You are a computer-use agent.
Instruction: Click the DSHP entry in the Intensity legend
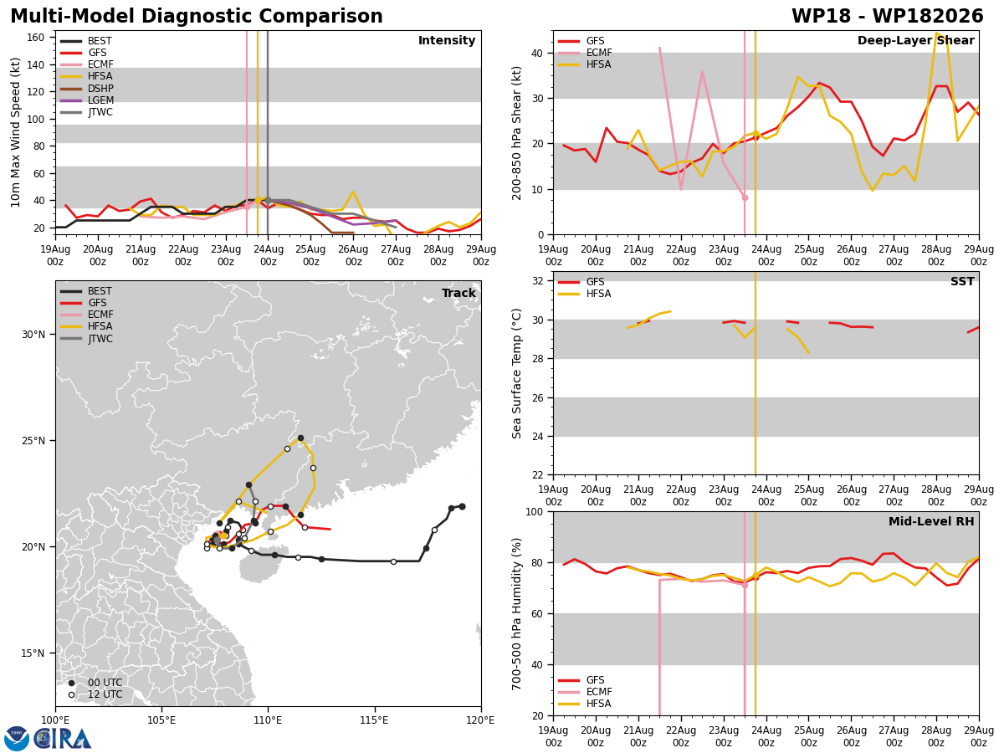point(86,88)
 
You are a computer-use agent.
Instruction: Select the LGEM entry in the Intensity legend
point(86,100)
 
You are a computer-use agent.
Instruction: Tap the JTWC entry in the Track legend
point(86,339)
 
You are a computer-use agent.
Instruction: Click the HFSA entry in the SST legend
point(585,294)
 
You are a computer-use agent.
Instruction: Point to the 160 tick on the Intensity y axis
point(35,38)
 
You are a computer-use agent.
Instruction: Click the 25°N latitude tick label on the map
point(33,441)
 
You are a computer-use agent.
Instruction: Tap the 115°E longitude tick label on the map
point(375,720)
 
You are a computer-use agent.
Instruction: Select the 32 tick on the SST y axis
point(537,281)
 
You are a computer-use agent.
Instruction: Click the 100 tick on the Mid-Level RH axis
point(535,511)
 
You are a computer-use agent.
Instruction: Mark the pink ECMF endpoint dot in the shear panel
point(745,198)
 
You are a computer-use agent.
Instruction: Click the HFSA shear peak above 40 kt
point(937,33)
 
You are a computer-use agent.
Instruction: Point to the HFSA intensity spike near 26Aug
point(353,192)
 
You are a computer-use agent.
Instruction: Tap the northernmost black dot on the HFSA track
point(300,438)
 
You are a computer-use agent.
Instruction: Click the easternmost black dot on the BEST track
point(462,506)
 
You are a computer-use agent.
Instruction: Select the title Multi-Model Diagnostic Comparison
point(197,16)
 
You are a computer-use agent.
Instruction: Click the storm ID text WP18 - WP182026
point(888,16)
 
